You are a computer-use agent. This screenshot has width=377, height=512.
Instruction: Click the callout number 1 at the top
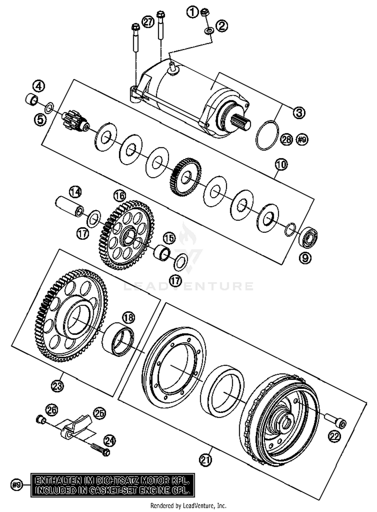[x=193, y=12]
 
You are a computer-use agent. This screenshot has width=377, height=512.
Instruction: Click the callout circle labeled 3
[x=299, y=113]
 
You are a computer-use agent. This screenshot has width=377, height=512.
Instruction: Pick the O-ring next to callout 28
[x=267, y=135]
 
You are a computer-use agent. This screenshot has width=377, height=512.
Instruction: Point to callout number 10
[x=281, y=165]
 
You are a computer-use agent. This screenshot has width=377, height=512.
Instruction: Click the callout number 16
[x=119, y=195]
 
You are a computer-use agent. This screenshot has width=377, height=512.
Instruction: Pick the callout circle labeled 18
[x=128, y=318]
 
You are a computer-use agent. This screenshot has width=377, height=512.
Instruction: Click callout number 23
[x=57, y=385]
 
